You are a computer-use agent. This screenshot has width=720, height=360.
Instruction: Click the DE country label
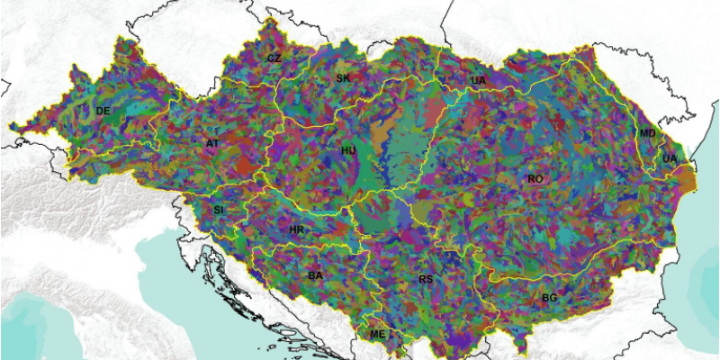pyautogui.click(x=103, y=111)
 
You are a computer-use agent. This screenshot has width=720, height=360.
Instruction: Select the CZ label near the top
pyautogui.click(x=274, y=58)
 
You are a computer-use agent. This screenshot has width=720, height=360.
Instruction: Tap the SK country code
pyautogui.click(x=343, y=78)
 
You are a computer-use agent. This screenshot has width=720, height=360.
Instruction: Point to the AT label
pyautogui.click(x=212, y=143)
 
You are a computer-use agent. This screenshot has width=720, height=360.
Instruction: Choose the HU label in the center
pyautogui.click(x=348, y=150)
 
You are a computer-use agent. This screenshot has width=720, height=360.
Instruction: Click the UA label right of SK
pyautogui.click(x=478, y=81)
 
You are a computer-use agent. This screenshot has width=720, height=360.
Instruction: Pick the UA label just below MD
pyautogui.click(x=669, y=158)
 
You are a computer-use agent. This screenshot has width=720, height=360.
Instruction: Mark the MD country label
pyautogui.click(x=647, y=133)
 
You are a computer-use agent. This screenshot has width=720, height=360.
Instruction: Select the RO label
pyautogui.click(x=535, y=179)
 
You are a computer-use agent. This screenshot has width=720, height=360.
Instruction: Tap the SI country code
pyautogui.click(x=218, y=210)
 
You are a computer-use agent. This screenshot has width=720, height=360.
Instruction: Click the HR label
pyautogui.click(x=296, y=230)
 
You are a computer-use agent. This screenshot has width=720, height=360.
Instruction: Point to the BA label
pyautogui.click(x=315, y=275)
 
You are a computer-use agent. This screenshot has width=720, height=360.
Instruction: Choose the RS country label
pyautogui.click(x=426, y=280)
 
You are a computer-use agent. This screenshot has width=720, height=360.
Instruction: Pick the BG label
pyautogui.click(x=548, y=297)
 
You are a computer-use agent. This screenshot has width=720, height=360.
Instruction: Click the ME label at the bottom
pyautogui.click(x=377, y=334)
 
